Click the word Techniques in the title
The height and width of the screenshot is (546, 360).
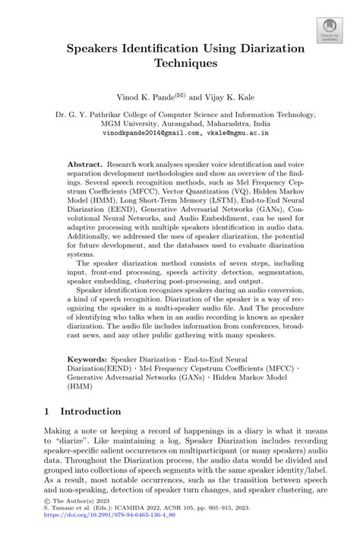coord(181,65)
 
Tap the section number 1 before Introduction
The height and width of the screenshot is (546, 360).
coord(48,412)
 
